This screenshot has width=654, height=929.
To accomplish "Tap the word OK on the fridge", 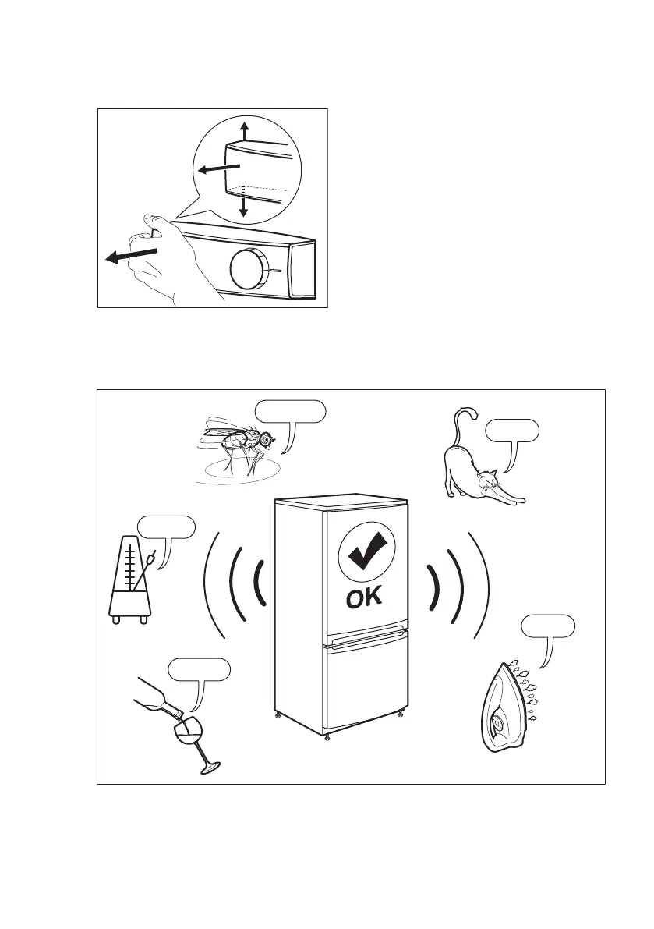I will [363, 598].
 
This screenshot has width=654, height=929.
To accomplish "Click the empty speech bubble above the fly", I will [290, 411].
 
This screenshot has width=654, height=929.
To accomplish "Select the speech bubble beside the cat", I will [511, 431].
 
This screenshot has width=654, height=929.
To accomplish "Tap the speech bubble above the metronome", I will [165, 527].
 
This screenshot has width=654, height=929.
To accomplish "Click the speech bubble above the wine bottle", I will [200, 669].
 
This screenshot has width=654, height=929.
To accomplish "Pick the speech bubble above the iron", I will [548, 626].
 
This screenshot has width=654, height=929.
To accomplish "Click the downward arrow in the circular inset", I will [244, 205].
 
